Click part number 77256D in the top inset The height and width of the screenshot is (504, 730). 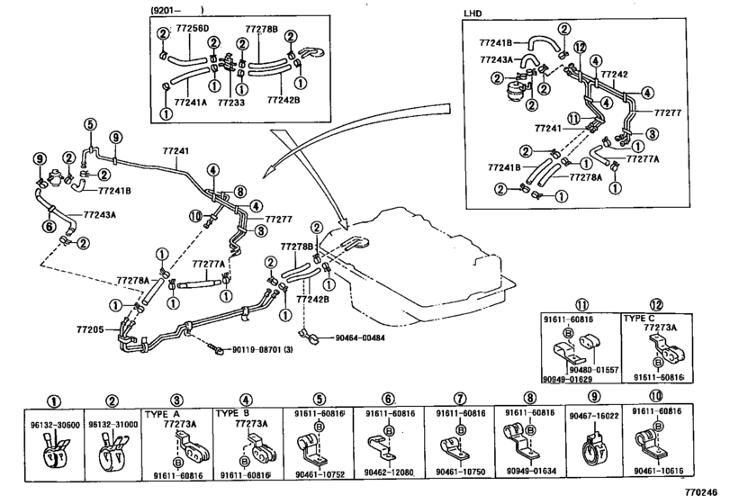[x=193, y=29]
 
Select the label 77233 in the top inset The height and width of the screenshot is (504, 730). [x=231, y=102]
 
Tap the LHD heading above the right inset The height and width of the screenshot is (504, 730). [x=472, y=13]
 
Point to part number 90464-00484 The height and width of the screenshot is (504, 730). [x=360, y=337]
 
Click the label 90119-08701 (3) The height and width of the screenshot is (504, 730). [x=263, y=349]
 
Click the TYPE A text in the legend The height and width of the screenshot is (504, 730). [x=162, y=414]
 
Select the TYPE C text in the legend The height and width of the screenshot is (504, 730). [x=639, y=319]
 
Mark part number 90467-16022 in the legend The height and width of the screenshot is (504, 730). [x=593, y=416]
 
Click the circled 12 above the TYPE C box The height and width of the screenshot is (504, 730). [x=656, y=305]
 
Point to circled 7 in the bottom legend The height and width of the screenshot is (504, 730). [x=459, y=399]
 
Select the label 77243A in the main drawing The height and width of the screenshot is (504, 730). [x=100, y=215]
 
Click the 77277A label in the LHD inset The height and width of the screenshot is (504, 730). [x=643, y=159]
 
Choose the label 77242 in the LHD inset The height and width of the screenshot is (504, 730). [x=614, y=74]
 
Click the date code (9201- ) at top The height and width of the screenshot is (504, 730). [x=178, y=9]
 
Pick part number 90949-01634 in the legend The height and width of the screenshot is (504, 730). [x=531, y=472]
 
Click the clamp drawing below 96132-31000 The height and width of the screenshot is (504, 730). [x=112, y=452]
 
